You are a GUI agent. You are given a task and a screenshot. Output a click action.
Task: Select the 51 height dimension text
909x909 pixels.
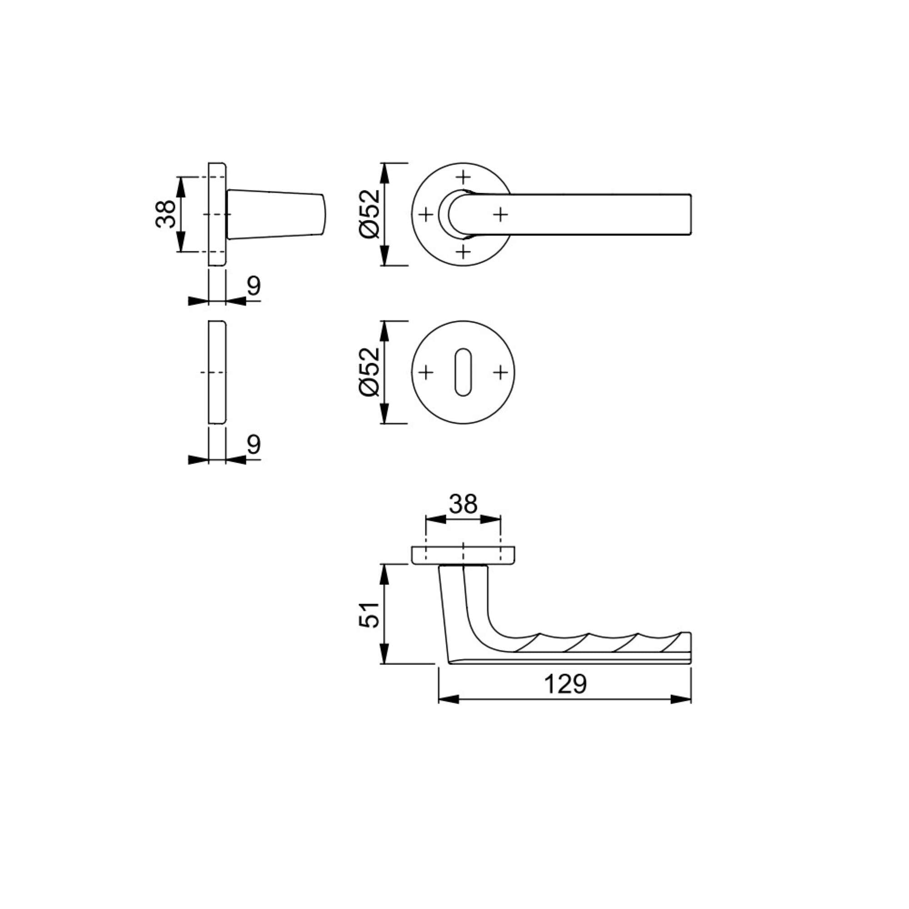(370, 614)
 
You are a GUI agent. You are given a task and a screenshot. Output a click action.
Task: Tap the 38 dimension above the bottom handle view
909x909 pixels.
(463, 504)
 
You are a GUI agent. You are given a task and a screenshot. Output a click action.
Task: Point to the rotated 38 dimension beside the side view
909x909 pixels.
(165, 214)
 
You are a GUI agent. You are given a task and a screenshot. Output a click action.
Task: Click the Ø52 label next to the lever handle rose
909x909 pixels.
(370, 214)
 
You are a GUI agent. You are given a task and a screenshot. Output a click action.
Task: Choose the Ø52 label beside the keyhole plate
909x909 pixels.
(370, 372)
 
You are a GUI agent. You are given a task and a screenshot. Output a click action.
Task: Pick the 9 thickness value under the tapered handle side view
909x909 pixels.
(254, 285)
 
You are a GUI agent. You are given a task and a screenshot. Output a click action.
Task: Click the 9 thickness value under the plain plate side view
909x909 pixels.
(254, 444)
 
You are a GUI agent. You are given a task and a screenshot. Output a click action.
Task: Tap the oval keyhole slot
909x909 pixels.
(463, 372)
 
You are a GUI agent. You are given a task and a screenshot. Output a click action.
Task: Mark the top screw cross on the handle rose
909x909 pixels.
(464, 176)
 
